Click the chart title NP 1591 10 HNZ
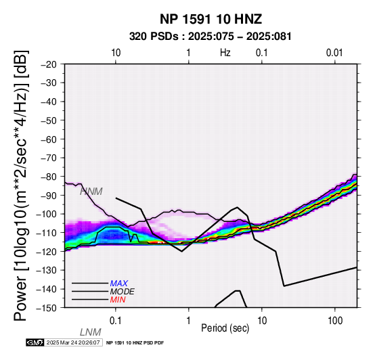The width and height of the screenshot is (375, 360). tap(211, 19)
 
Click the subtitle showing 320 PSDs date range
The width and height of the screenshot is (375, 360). tap(211, 37)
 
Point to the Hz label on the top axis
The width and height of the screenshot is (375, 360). tap(225, 52)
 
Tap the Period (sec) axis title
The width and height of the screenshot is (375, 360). tap(225, 328)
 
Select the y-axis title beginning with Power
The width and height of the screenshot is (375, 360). tap(21, 185)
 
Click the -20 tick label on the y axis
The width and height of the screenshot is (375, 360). tap(49, 64)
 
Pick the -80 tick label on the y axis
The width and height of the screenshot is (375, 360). tap(49, 177)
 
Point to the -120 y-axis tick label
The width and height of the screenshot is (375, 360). tap(47, 252)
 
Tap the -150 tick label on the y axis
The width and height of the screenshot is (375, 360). tap(47, 308)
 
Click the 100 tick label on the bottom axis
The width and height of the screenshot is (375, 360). tap(335, 320)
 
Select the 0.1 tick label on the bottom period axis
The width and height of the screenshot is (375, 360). tap(116, 320)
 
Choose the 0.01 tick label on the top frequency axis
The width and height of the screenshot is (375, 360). tap(334, 52)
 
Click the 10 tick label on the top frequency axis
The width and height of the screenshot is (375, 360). tap(116, 52)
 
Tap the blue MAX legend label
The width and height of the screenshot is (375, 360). tap(119, 284)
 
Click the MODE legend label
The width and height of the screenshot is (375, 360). tap(123, 292)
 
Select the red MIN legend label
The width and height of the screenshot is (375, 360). tap(118, 300)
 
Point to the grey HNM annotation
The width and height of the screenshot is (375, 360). tap(91, 192)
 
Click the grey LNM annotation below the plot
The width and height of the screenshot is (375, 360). tap(91, 332)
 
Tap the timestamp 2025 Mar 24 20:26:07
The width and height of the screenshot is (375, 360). tap(73, 342)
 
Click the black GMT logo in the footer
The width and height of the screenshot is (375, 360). tap(35, 342)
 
